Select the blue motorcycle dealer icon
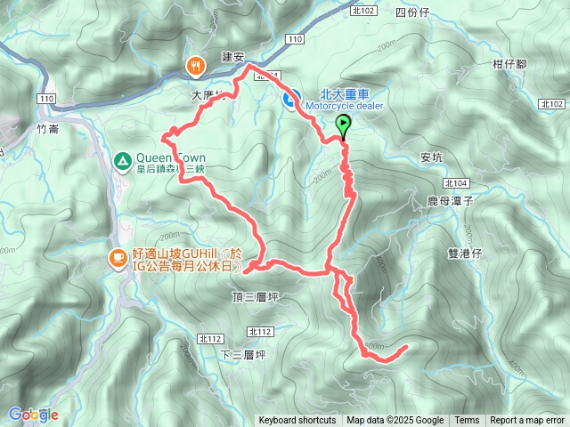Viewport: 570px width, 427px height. pos(291,100)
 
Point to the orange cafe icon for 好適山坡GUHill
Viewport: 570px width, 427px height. pos(117,258)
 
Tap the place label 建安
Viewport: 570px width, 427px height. pos(232,56)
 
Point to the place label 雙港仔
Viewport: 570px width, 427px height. pos(464,253)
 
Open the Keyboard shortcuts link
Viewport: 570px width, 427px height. pos(297,421)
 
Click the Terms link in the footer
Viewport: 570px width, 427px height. pos(467,421)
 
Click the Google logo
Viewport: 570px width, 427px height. pos(33,415)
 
